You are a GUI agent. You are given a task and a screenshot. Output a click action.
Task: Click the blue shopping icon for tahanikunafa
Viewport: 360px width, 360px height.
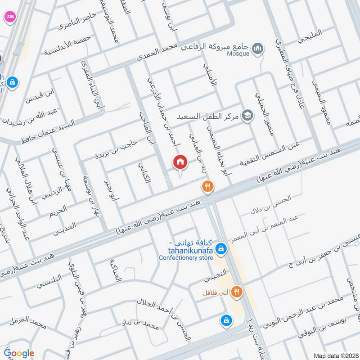221,248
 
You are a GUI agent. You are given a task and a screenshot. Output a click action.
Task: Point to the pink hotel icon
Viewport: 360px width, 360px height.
9,17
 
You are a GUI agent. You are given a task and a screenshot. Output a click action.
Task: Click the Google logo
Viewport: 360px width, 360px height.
19,353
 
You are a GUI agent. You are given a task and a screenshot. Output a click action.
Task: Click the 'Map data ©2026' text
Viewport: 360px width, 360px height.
335,355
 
